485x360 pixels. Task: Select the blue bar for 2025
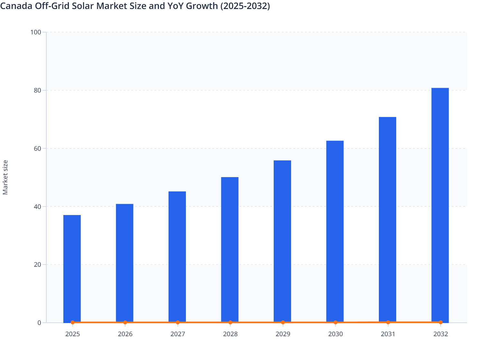pyautogui.click(x=72, y=268)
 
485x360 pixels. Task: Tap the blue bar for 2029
pyautogui.click(x=282, y=241)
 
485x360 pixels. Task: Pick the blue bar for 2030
pyautogui.click(x=335, y=231)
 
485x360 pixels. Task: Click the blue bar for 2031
pyautogui.click(x=388, y=220)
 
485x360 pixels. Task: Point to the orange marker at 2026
pyautogui.click(x=125, y=322)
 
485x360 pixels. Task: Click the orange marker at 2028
pyautogui.click(x=230, y=322)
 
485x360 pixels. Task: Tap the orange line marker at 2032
pyautogui.click(x=441, y=322)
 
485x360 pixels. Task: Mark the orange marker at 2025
pyautogui.click(x=73, y=322)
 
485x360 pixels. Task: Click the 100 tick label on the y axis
pyautogui.click(x=36, y=32)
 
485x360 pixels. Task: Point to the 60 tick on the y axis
pyautogui.click(x=37, y=148)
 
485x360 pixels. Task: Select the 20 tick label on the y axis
pyautogui.click(x=37, y=265)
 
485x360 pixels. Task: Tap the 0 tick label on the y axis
pyautogui.click(x=39, y=323)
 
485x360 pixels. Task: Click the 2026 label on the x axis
pyautogui.click(x=125, y=334)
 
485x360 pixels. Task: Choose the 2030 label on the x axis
pyautogui.click(x=335, y=334)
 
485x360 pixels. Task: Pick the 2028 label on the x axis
pyautogui.click(x=230, y=334)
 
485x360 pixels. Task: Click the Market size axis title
pyautogui.click(x=5, y=177)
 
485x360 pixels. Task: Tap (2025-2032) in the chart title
pyautogui.click(x=245, y=6)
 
